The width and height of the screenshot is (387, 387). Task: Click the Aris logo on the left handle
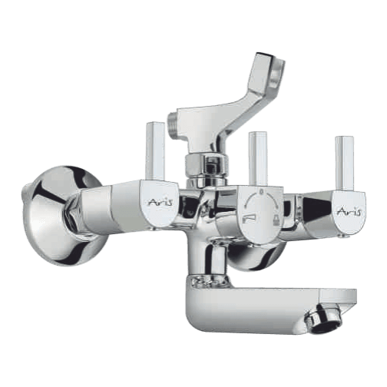(160, 202)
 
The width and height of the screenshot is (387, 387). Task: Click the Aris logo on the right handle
(349, 212)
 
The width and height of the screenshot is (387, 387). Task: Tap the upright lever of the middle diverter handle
(258, 159)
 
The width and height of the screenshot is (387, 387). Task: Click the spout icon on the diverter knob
(248, 220)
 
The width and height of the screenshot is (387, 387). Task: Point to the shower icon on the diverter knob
(277, 220)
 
